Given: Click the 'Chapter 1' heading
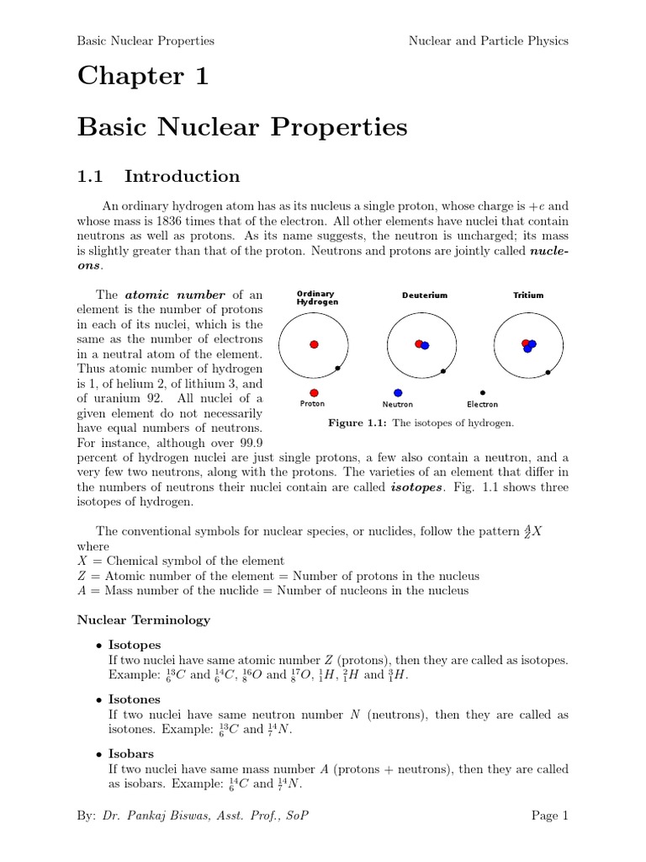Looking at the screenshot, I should tap(142, 77).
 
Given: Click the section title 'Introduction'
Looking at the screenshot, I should tap(182, 176).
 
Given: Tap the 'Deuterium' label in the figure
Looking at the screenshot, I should tap(425, 295).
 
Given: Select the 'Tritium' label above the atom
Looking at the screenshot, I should tap(528, 295).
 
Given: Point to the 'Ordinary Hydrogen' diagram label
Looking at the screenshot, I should tap(317, 297).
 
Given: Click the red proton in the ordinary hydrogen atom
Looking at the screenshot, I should tap(314, 344).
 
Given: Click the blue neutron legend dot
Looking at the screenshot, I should tap(398, 392).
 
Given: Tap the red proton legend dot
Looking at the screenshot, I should tap(314, 392).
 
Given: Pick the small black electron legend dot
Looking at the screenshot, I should tap(482, 392).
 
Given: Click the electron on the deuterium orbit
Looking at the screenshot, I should tap(443, 371).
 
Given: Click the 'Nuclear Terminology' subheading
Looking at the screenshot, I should tap(144, 620).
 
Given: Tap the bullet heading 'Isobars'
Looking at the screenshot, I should tap(131, 753).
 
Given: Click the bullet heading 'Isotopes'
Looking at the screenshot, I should tap(135, 645).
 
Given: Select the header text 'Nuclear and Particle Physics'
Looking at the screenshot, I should tap(488, 40).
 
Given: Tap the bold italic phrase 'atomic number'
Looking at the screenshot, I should tap(175, 295).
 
